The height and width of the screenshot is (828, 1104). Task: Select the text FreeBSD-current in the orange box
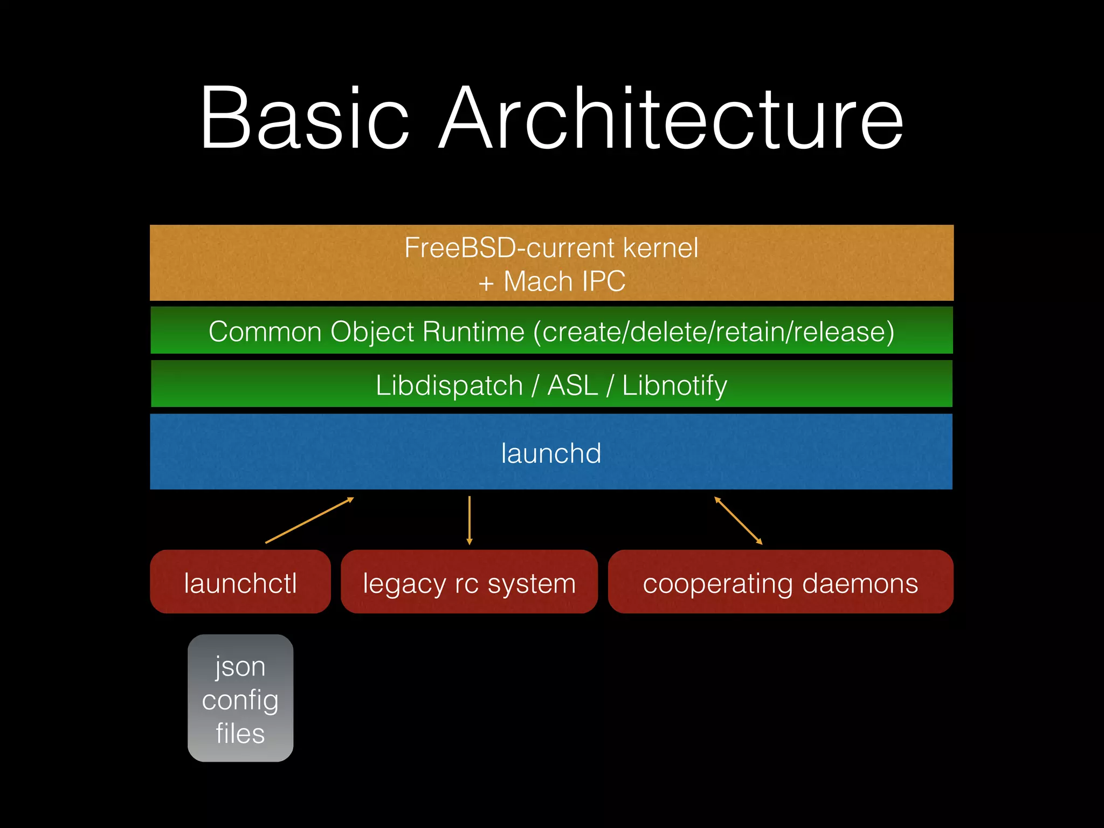[509, 248]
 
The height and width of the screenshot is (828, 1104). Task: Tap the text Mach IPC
[564, 281]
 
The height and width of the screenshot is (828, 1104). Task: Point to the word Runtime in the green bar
[473, 332]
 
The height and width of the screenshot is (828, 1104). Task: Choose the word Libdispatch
[449, 385]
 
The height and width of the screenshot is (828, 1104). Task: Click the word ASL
[572, 385]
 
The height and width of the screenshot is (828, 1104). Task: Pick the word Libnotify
[674, 385]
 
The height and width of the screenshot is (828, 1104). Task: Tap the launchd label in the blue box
[551, 453]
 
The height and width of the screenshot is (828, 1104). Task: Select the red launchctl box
[240, 582]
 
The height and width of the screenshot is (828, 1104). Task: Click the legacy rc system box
[469, 582]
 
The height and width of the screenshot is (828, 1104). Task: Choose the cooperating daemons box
[780, 582]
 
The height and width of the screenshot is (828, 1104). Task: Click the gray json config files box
[240, 699]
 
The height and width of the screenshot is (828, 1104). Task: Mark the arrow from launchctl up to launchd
[309, 520]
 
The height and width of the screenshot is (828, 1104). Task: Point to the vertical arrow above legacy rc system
[470, 520]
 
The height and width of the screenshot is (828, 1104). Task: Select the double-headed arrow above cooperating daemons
[738, 520]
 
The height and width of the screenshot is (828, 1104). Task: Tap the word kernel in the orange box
[660, 248]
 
